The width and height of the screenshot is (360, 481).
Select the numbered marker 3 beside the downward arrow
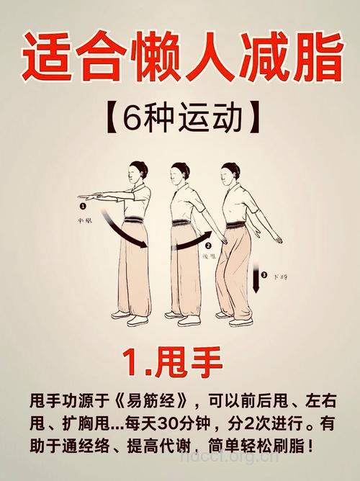coord(264,274)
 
